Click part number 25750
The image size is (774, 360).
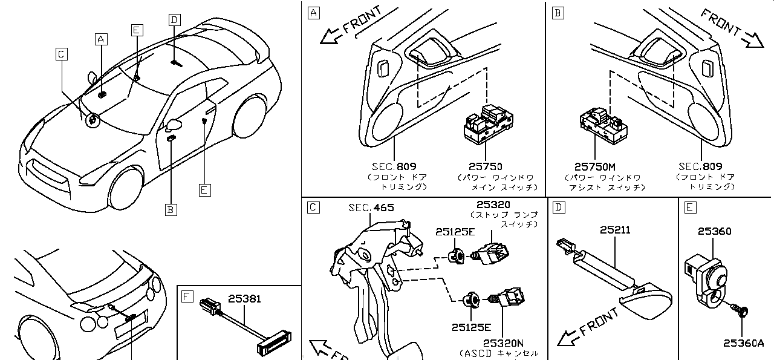coord(486,166)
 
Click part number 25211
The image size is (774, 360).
coord(615,231)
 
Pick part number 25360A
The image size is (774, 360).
coord(744,343)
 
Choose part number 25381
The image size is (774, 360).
coord(244,298)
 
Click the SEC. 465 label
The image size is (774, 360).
coord(371,208)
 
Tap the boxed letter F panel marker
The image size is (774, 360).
coord(187,296)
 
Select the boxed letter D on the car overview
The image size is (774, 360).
coord(174,20)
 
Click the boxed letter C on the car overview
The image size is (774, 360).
coord(61,54)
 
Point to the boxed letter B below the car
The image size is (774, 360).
coord(171,209)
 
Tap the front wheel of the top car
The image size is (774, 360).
coord(126,186)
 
